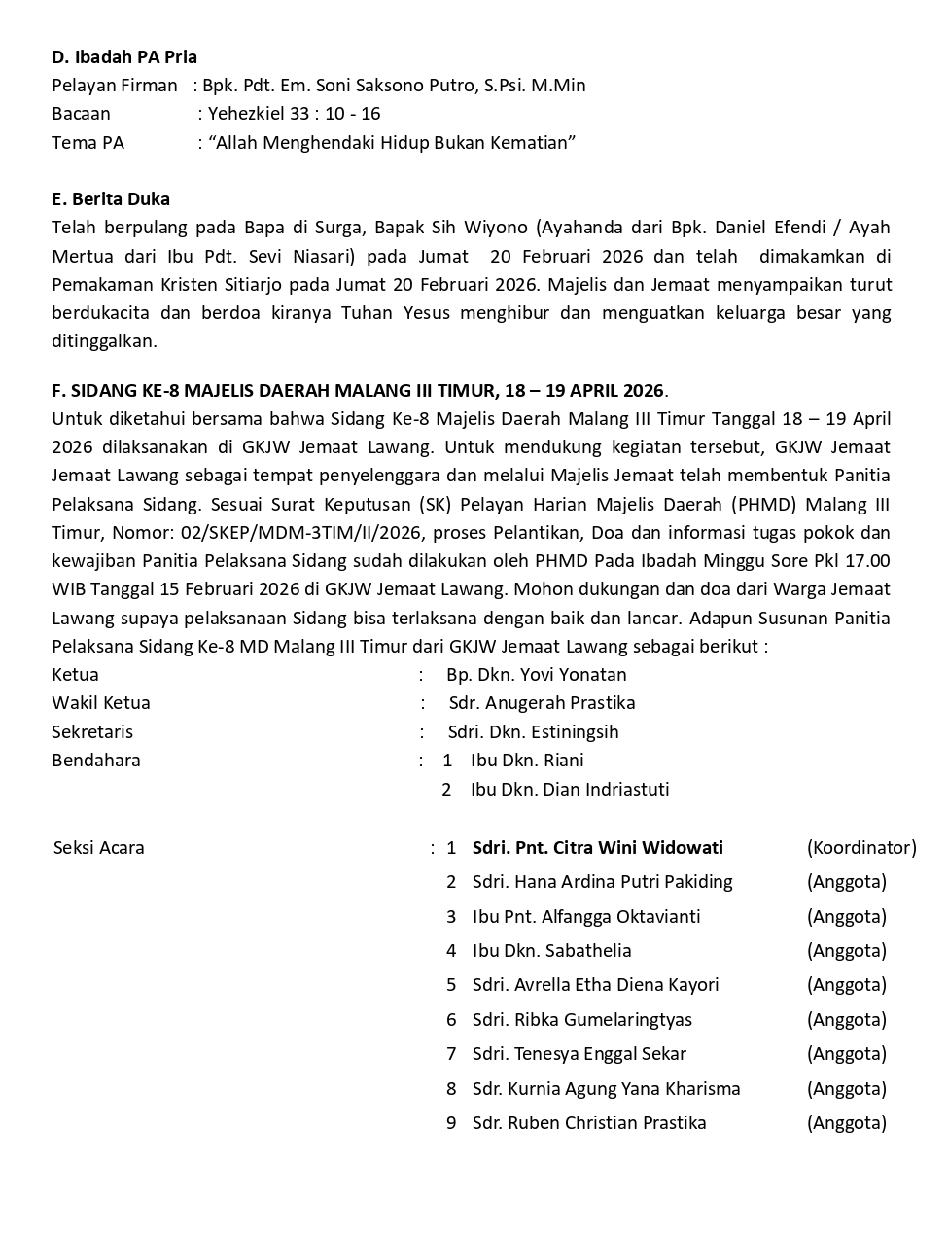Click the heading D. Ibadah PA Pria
point(124,56)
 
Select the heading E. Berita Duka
point(111,199)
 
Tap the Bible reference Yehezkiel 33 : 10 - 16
point(295,114)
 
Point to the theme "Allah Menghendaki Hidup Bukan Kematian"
point(392,143)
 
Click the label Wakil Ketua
point(101,703)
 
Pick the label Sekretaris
point(92,732)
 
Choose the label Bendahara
point(96,761)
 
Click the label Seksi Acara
point(99,848)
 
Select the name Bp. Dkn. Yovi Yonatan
point(537,675)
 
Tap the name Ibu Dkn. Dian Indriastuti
point(570,790)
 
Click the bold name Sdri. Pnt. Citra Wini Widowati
point(598,848)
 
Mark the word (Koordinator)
point(861,848)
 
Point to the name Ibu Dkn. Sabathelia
point(552,951)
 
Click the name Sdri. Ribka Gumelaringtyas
point(582,1020)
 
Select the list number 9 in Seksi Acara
point(451,1123)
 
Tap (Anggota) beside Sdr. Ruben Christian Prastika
point(847,1123)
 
